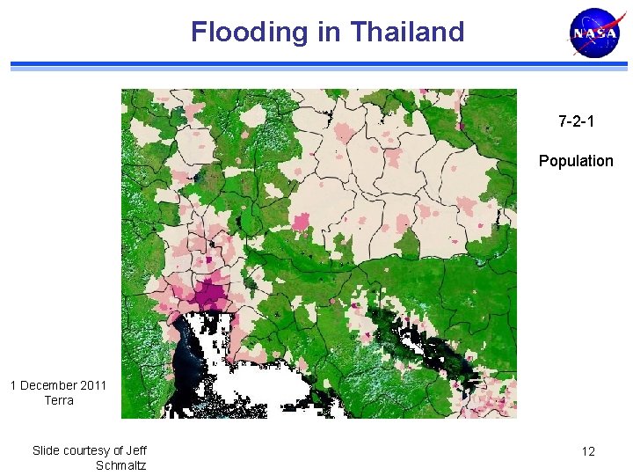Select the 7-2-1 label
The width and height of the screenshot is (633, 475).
[576, 121]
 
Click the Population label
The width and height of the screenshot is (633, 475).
[576, 161]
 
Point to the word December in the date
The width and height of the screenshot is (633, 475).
[49, 385]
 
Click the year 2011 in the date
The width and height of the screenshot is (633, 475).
[93, 385]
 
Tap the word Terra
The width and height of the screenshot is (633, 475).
[59, 400]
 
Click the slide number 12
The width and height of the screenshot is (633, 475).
[588, 451]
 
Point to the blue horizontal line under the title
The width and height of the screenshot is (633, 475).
[316, 65]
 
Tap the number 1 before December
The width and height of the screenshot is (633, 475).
[13, 385]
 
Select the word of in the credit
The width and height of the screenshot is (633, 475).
[119, 450]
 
